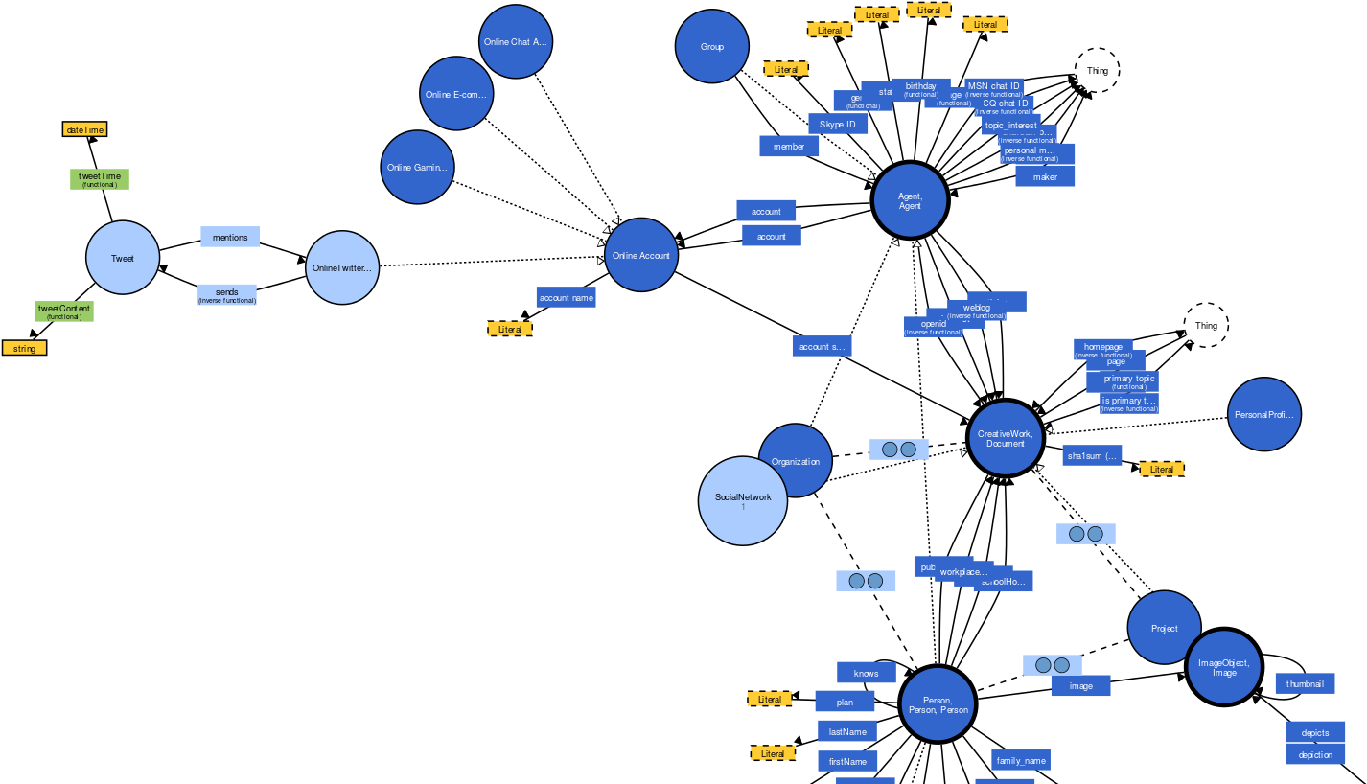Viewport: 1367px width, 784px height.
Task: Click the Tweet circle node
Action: [123, 258]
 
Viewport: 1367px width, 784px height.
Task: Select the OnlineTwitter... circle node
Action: [342, 268]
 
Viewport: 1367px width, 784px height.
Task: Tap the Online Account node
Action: [641, 255]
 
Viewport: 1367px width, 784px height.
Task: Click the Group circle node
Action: [711, 47]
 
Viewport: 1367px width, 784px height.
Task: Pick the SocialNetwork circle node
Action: [742, 500]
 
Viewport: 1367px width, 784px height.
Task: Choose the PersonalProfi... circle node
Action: [1263, 414]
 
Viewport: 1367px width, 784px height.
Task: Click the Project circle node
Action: [1164, 628]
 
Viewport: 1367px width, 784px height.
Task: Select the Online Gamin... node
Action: [417, 167]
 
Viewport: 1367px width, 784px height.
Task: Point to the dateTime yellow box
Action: [84, 129]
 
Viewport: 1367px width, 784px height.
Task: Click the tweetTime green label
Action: [99, 179]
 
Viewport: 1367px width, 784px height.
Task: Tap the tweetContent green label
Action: [64, 311]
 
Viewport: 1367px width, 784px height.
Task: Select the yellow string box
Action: [24, 348]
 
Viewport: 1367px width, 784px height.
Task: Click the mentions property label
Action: [229, 237]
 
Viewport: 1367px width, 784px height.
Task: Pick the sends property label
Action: [226, 294]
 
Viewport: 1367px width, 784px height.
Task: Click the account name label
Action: [566, 298]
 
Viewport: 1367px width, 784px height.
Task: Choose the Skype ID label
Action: [837, 125]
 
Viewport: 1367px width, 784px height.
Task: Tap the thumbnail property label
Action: [1304, 683]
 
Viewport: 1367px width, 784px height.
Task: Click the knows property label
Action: [866, 673]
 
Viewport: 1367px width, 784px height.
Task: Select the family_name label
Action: [1020, 760]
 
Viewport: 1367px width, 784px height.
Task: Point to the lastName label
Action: [846, 731]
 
